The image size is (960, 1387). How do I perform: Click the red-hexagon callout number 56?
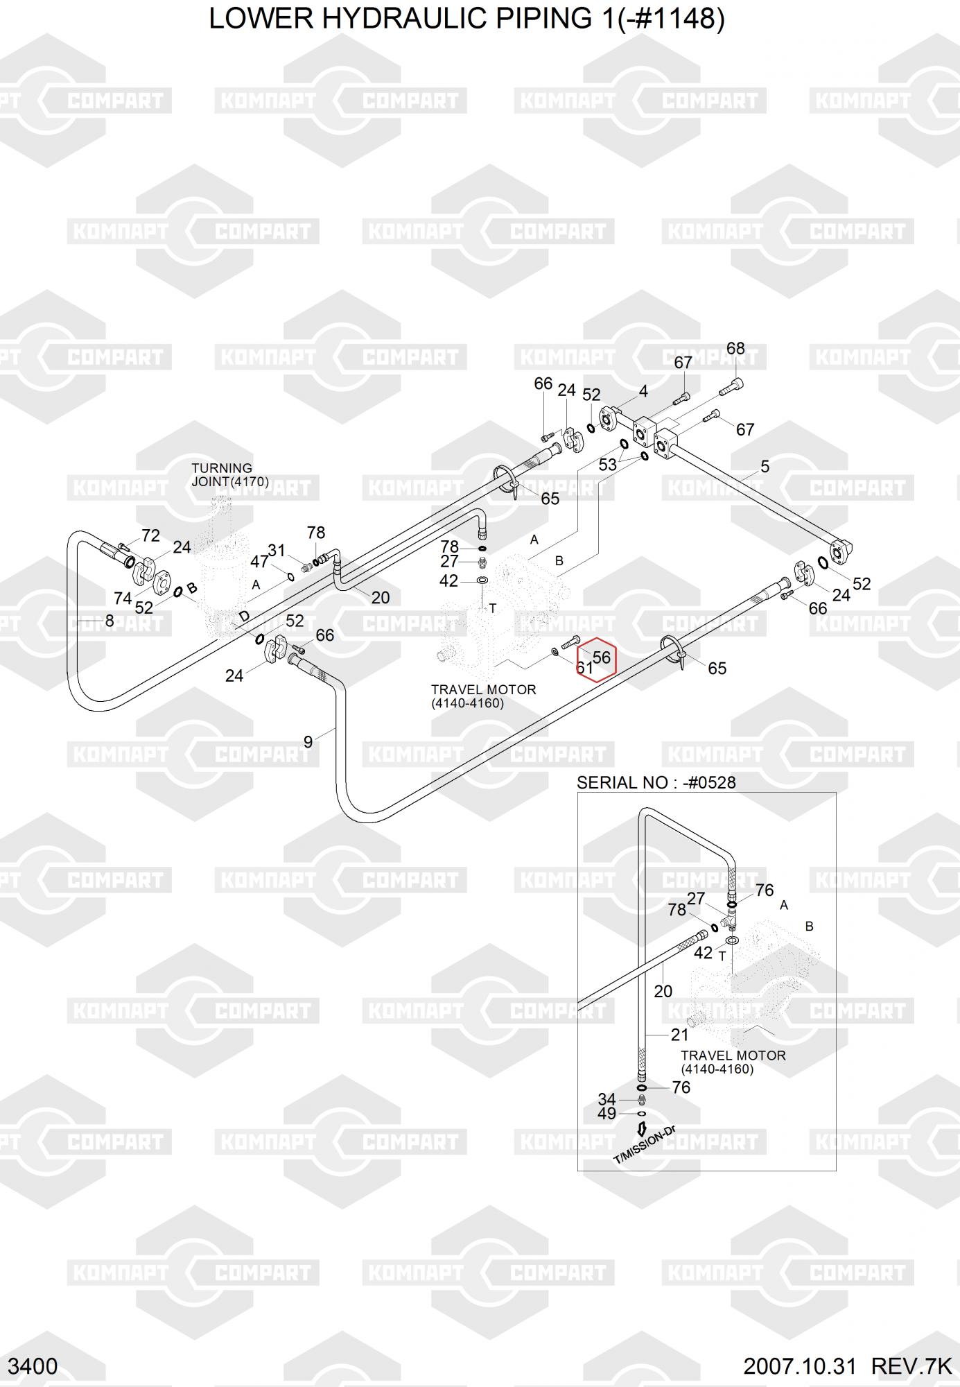coord(601,657)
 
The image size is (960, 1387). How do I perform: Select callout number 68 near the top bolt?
coord(735,348)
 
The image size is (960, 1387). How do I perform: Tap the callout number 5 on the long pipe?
coord(765,466)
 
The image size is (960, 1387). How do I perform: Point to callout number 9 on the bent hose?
coord(308,742)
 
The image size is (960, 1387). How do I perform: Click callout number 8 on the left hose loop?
coord(109,620)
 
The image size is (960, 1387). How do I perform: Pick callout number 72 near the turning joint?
coord(150,535)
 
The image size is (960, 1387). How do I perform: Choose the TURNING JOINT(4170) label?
coord(229,475)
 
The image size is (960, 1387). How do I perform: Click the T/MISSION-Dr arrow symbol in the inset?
coord(642,1128)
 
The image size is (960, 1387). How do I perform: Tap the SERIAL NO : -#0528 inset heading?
coord(656,782)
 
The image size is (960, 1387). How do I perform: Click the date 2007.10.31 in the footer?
coord(800,1366)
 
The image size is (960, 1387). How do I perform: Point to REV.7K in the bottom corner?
coord(911,1366)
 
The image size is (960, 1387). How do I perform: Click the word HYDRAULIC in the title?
coord(404,19)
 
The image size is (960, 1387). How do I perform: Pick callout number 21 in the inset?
coord(679,1035)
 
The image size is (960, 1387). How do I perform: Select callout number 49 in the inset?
coord(606,1113)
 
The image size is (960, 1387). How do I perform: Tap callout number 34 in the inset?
coord(606,1099)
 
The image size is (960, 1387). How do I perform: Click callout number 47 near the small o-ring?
coord(259,562)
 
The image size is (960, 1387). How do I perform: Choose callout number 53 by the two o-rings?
coord(607,465)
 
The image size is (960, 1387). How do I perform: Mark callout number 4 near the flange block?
coord(643,391)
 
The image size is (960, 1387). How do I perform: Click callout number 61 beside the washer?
coord(584,669)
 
